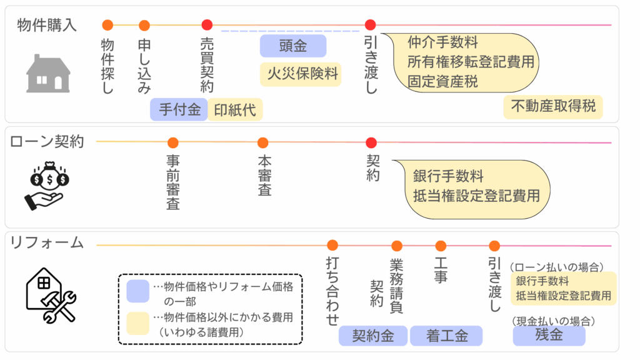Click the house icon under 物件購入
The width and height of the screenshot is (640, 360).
point(48,74)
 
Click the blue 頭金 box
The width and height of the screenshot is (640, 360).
point(292,46)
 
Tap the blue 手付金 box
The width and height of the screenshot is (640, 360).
point(179,110)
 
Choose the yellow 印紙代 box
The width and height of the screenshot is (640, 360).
point(235,110)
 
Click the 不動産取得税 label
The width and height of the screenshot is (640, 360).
point(553,106)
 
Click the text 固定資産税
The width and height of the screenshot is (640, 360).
point(442,81)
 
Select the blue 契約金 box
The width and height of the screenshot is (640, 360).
point(372,336)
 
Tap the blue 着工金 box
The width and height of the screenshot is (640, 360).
point(446,336)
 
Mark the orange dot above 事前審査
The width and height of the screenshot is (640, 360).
point(173,142)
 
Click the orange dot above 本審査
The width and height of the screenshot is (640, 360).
point(263,142)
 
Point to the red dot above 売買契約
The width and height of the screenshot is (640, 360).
point(207,25)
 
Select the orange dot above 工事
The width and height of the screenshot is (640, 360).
point(441,246)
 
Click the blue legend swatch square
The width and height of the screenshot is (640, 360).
point(137,291)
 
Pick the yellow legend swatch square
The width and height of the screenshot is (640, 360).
point(137,322)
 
